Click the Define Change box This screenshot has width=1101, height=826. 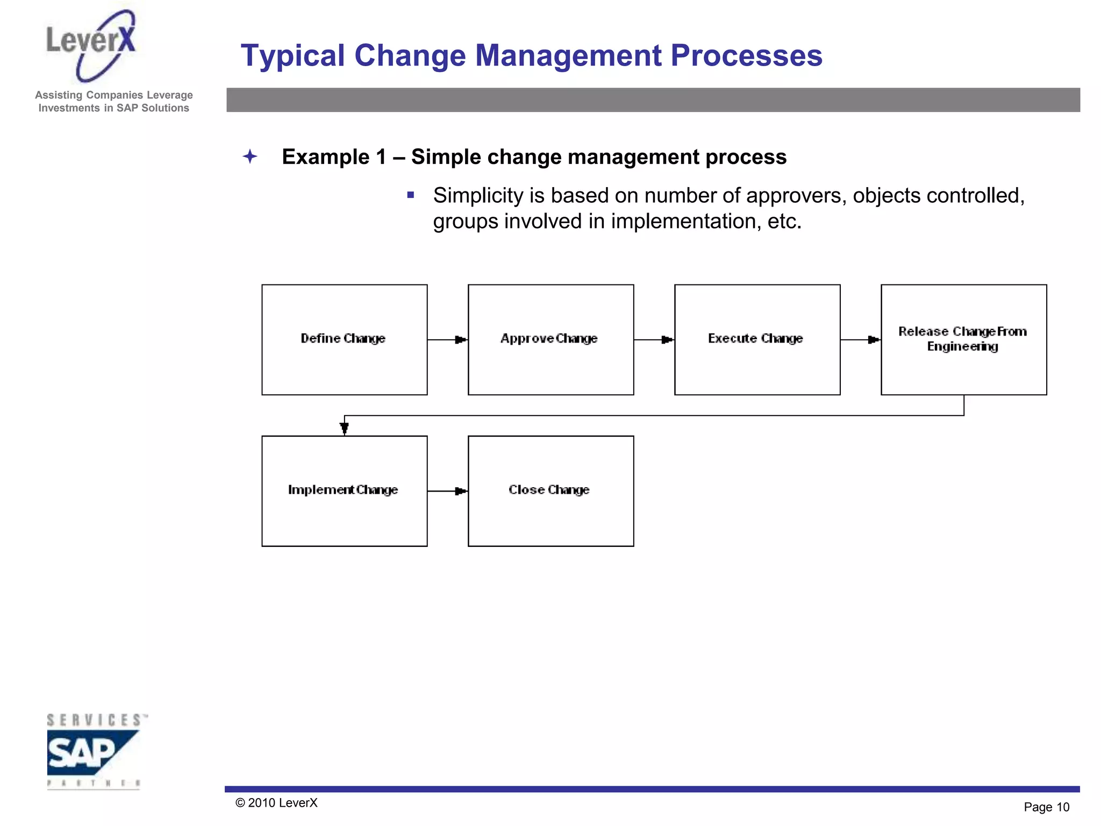(x=344, y=339)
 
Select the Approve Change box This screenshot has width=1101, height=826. (x=550, y=339)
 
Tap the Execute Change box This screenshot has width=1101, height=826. (x=757, y=339)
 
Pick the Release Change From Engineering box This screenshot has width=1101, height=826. (x=963, y=339)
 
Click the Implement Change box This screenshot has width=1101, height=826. (x=344, y=490)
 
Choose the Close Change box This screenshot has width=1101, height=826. (x=550, y=490)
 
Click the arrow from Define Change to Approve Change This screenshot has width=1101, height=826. (x=448, y=340)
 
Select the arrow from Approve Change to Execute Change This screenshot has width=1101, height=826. (x=654, y=340)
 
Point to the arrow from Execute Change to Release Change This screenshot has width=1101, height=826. (x=861, y=340)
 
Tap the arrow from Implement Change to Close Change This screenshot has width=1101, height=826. (x=448, y=491)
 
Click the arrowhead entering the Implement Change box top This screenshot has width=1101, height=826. (x=345, y=429)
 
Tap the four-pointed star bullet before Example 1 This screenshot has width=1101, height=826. (x=250, y=156)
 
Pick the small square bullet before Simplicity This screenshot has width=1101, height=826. (x=411, y=195)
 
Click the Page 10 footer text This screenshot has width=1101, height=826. (x=1046, y=807)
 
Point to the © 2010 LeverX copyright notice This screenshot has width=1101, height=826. (x=276, y=803)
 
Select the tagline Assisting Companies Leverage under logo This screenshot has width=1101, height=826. (x=114, y=95)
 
